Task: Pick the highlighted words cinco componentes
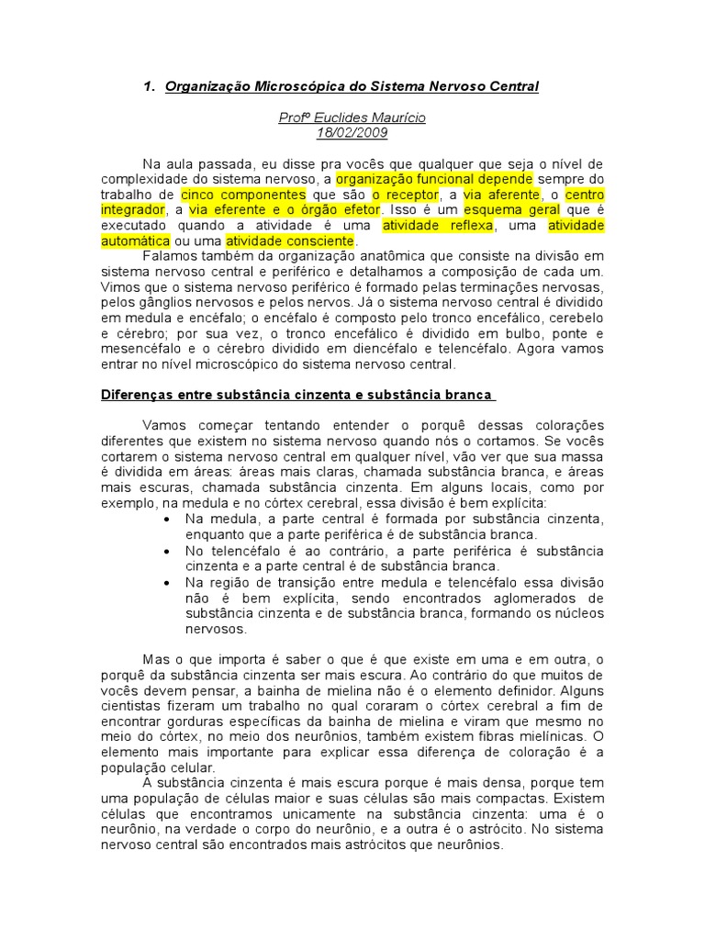tap(243, 195)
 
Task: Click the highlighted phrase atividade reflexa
tap(438, 226)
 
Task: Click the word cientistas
tap(135, 706)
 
